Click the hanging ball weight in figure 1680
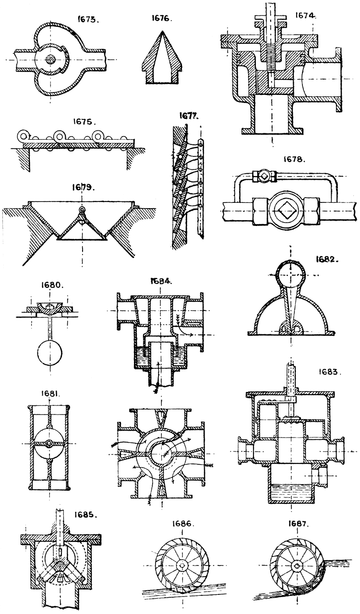50,354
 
